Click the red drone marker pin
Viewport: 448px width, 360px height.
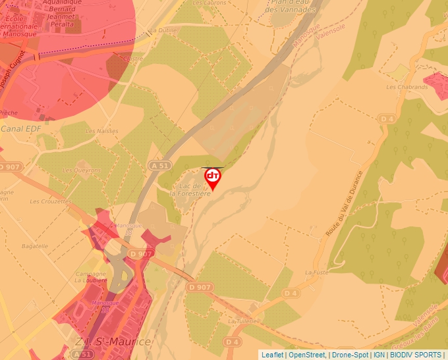213,178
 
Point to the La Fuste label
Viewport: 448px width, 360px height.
316,272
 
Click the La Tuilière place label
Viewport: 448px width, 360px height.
240,321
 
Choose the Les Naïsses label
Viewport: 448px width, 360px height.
101,131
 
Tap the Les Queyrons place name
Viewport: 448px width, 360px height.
82,170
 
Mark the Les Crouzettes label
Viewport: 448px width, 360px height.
50,201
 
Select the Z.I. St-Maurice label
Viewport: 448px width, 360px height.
113,342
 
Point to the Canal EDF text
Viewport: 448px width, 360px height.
20,128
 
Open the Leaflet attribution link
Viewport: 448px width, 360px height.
272,355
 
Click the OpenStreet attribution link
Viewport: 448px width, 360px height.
307,355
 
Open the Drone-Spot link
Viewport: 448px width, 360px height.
350,355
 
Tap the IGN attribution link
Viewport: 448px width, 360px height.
379,355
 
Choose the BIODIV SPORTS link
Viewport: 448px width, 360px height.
416,355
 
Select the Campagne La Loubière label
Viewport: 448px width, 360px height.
90,277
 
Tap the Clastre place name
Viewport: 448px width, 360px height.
133,58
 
